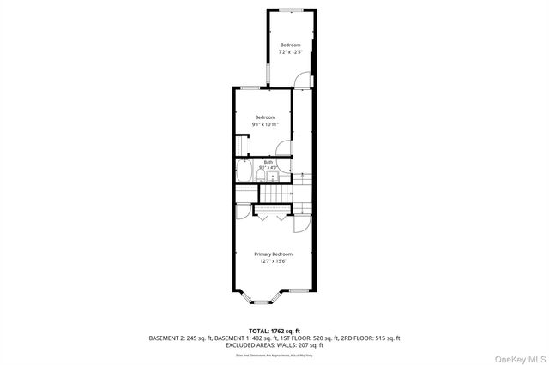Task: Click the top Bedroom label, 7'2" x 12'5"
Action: (290, 45)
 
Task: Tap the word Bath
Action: (268, 162)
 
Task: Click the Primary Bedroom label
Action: (273, 254)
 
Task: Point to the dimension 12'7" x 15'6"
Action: (273, 262)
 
